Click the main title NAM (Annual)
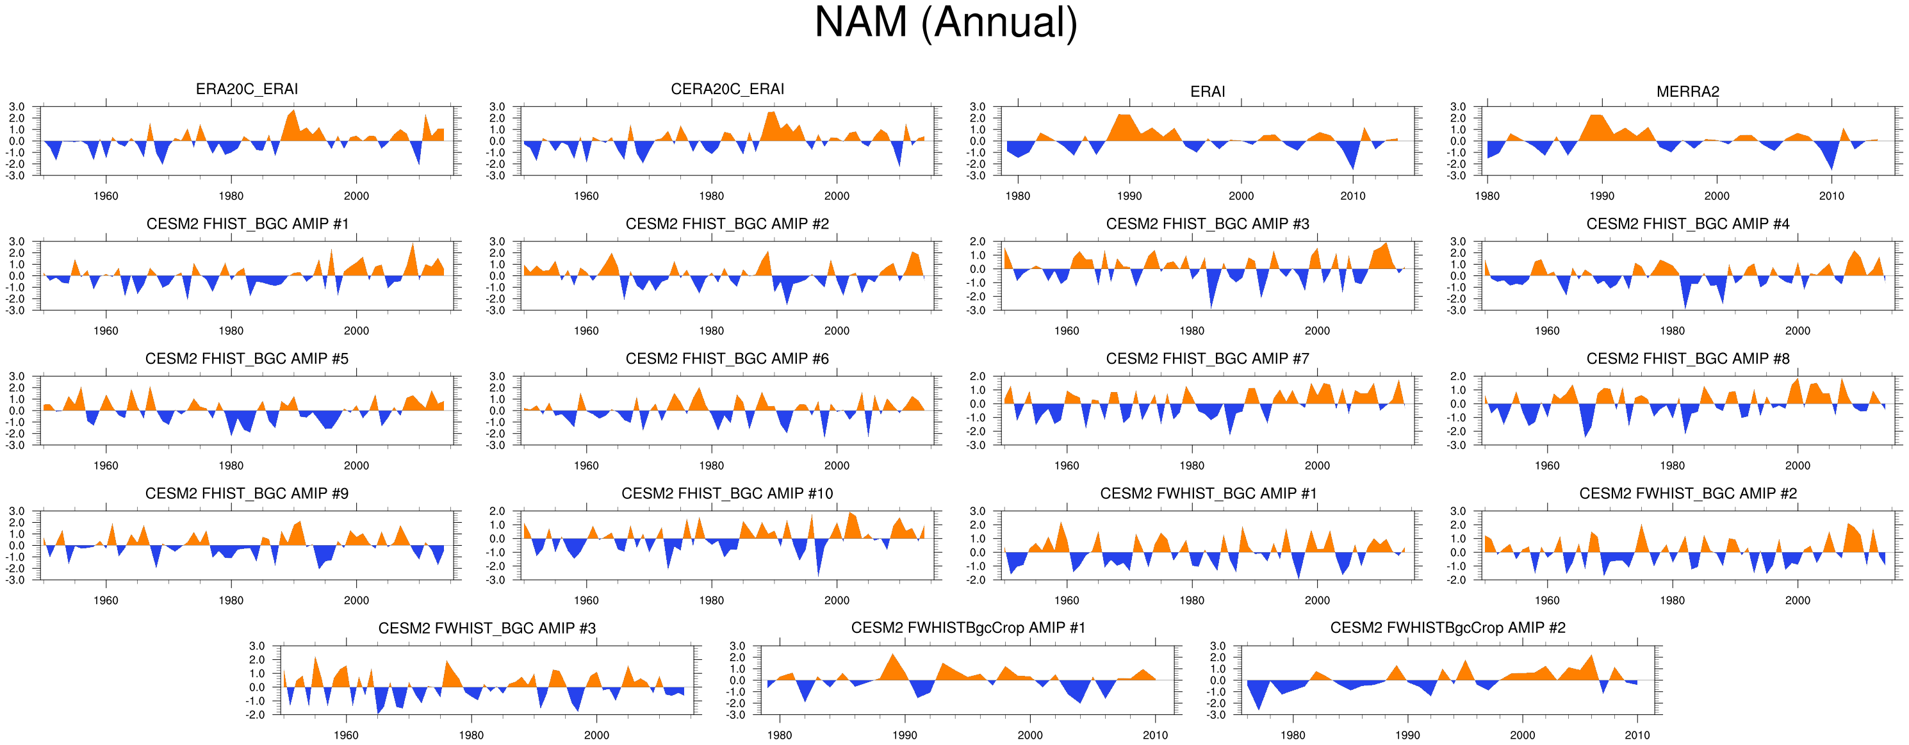(x=946, y=22)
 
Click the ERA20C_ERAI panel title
(x=247, y=89)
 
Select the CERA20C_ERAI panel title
(x=727, y=89)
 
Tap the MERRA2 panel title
(x=1687, y=91)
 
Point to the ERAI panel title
(x=1207, y=91)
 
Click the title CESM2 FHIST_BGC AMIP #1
(x=247, y=224)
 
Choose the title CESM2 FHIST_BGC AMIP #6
(x=727, y=359)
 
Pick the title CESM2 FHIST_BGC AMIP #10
(x=727, y=494)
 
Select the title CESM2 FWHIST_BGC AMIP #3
(x=487, y=628)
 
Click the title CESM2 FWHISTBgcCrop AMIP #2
(x=1447, y=628)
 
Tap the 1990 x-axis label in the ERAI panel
(x=1129, y=197)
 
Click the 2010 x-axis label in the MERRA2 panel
(x=1831, y=197)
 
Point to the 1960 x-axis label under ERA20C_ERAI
(x=106, y=197)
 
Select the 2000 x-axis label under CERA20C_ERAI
(x=837, y=197)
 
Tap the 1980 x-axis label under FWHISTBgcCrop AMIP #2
(x=1293, y=735)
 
